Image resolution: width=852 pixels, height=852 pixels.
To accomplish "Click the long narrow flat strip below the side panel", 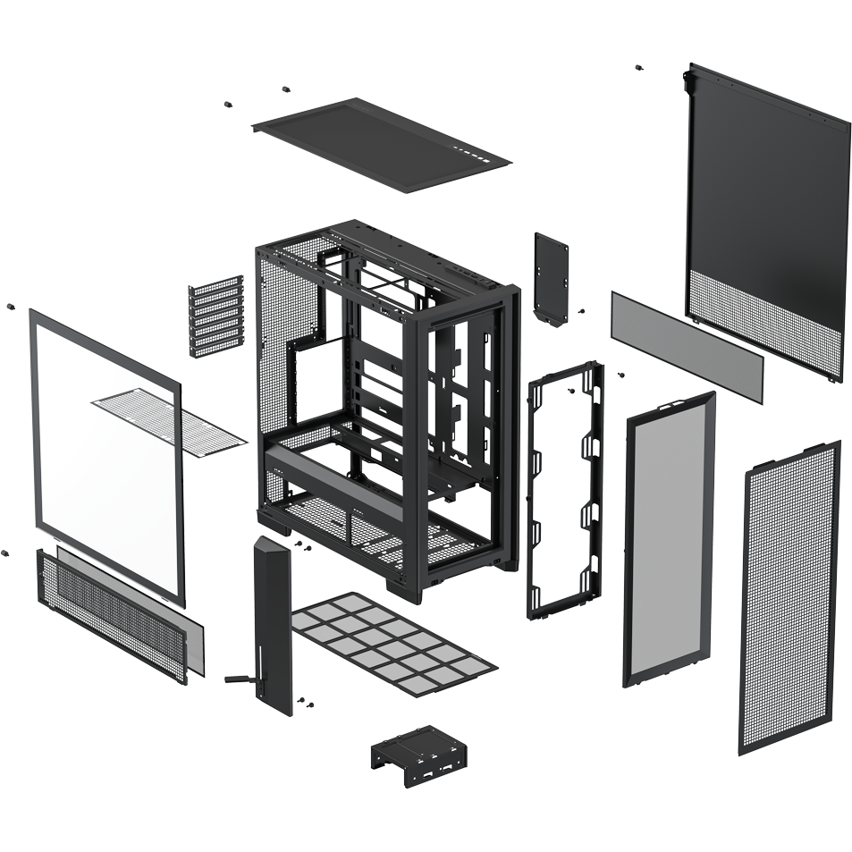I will point(686,343).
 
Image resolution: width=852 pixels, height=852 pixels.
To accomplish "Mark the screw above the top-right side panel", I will point(638,68).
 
